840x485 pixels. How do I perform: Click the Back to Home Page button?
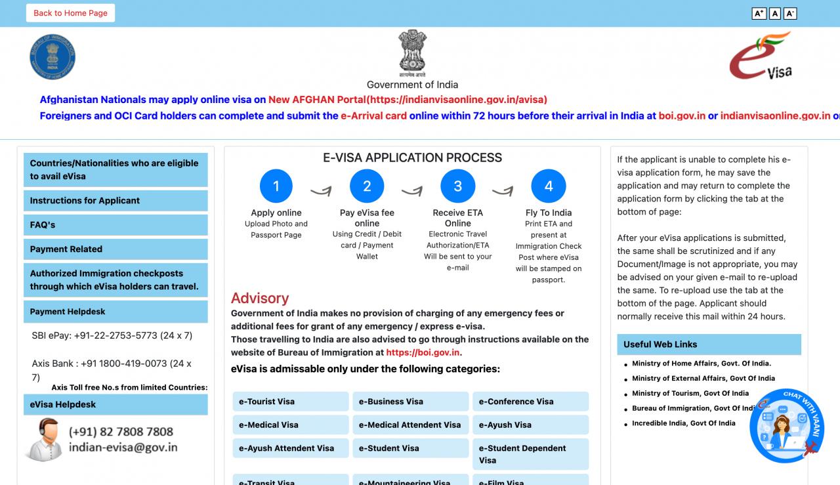click(x=70, y=13)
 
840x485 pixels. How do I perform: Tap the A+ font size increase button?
click(x=759, y=13)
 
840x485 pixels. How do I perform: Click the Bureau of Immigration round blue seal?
click(x=52, y=57)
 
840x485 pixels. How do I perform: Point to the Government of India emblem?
click(x=412, y=52)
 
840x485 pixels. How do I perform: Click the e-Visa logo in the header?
click(x=761, y=57)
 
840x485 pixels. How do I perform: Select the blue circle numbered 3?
click(x=457, y=186)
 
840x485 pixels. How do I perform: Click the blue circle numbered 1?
click(x=276, y=186)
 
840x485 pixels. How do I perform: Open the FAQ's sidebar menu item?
click(x=115, y=225)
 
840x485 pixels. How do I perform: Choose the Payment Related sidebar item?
click(x=115, y=249)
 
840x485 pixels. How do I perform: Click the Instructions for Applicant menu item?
click(x=115, y=201)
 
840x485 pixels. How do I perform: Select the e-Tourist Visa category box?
click(x=290, y=402)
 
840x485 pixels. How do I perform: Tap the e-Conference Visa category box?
click(x=530, y=402)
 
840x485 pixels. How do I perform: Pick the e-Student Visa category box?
click(x=410, y=448)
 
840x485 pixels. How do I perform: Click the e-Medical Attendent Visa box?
click(x=410, y=425)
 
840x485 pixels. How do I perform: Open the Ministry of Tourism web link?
click(x=690, y=393)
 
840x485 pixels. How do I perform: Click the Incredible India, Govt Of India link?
click(x=684, y=423)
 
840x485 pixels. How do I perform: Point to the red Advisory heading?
click(x=260, y=298)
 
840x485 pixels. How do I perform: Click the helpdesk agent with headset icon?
click(x=44, y=439)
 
